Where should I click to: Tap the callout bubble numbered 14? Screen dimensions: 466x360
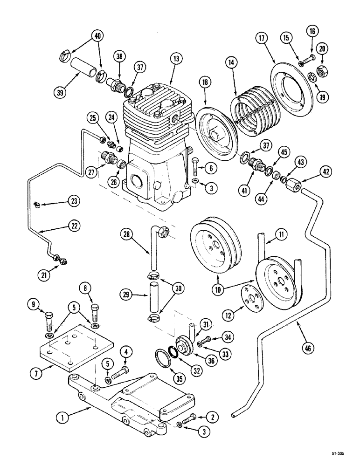coord(230,62)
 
